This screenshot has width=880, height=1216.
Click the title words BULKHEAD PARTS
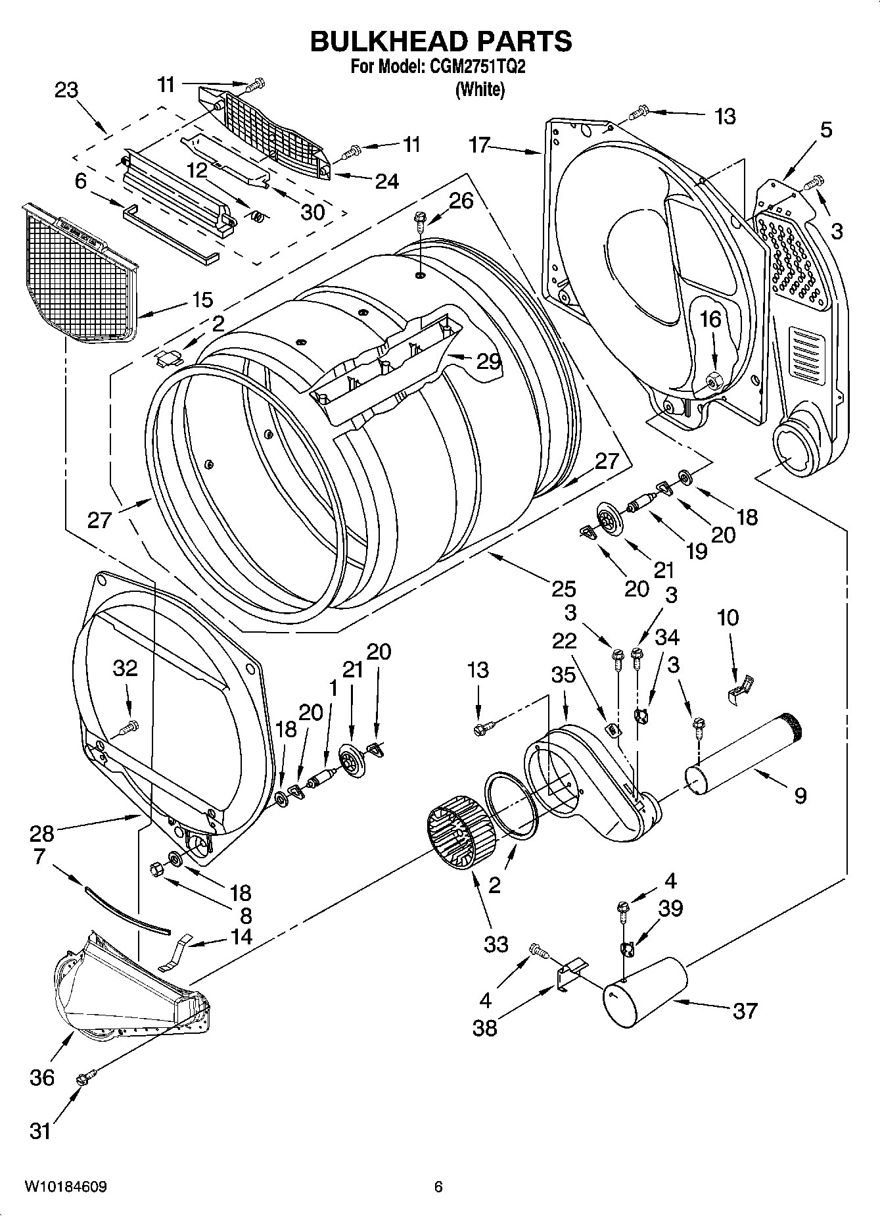pyautogui.click(x=440, y=41)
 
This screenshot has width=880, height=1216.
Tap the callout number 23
pyautogui.click(x=66, y=90)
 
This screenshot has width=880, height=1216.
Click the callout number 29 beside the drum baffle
pyautogui.click(x=489, y=361)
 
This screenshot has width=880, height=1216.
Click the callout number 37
pyautogui.click(x=745, y=1010)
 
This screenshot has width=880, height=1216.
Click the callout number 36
pyautogui.click(x=42, y=1077)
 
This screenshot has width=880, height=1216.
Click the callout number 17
pyautogui.click(x=480, y=144)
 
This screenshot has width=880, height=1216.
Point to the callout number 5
pyautogui.click(x=825, y=130)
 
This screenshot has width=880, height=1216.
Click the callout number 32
pyautogui.click(x=125, y=668)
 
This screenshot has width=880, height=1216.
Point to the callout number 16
pyautogui.click(x=710, y=320)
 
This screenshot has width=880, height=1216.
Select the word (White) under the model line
pyautogui.click(x=480, y=89)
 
